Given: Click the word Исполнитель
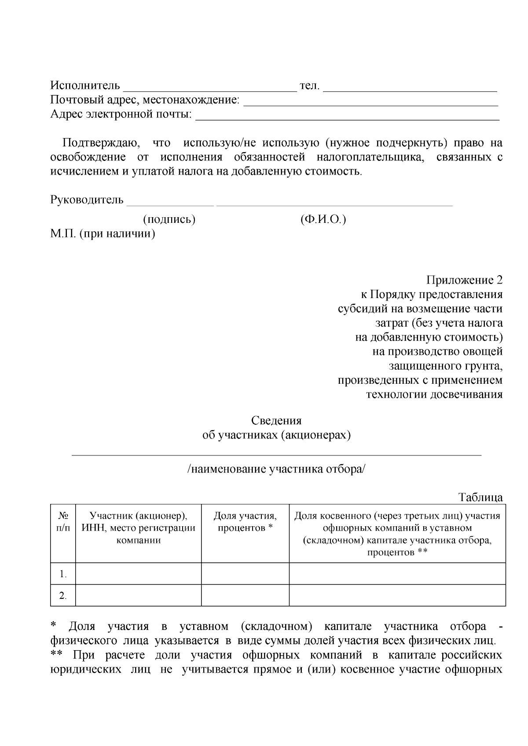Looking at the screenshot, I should click(85, 85).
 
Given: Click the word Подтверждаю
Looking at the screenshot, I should click(100, 143).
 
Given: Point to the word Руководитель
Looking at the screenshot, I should click(87, 200).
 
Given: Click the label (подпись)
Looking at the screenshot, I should click(169, 219).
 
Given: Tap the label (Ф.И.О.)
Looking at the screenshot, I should click(323, 219).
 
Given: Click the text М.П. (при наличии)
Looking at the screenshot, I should click(103, 233).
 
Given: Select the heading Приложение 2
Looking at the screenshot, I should click(464, 280).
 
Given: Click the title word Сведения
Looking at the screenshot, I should click(276, 421).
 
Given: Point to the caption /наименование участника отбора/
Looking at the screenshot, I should click(276, 469).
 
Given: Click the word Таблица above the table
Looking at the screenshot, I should click(480, 498).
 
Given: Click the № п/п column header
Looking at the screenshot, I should click(63, 522).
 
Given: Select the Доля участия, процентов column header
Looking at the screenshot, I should click(245, 522).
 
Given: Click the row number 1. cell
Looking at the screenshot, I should click(63, 574).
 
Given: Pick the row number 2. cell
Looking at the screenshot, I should click(63, 596).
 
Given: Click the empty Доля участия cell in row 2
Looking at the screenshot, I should click(245, 595).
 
